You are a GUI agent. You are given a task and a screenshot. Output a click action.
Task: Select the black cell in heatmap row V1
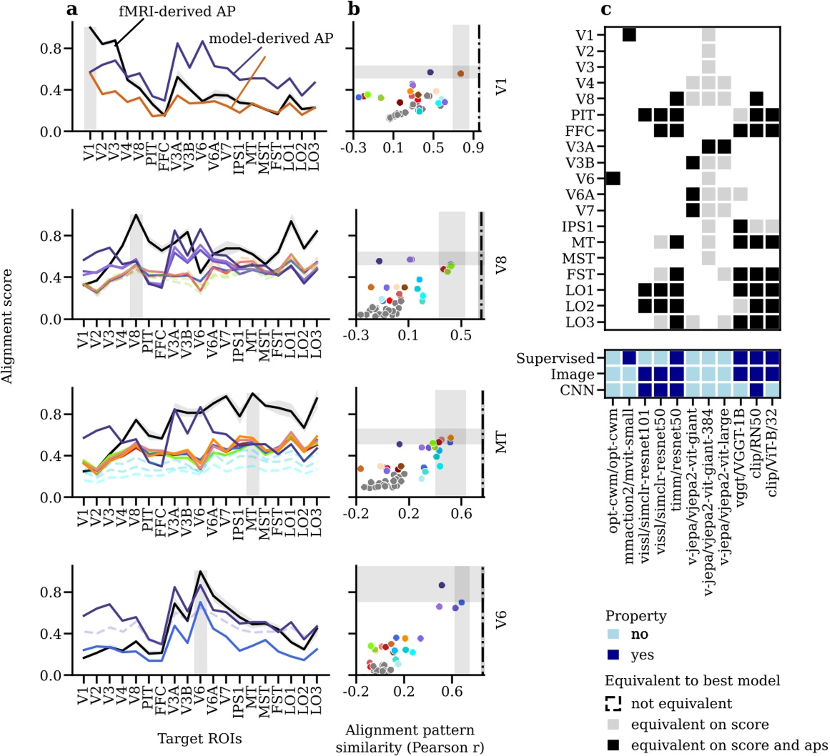tap(630, 34)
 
